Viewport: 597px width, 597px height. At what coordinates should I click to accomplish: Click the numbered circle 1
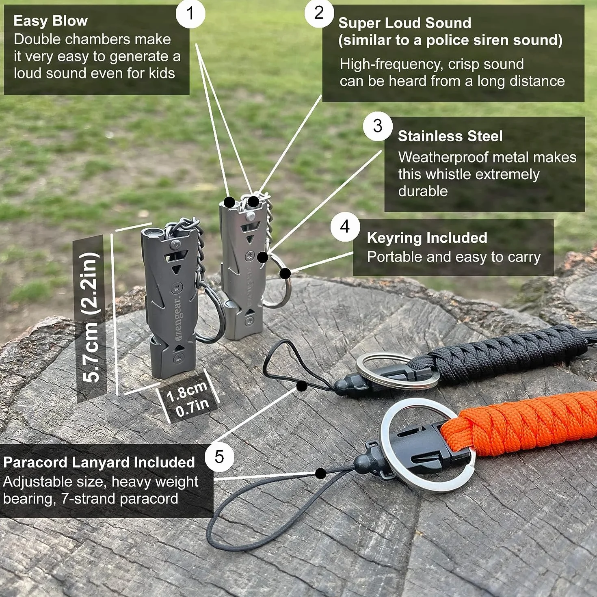coord(190,13)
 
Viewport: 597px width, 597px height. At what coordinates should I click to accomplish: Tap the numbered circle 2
coord(319,13)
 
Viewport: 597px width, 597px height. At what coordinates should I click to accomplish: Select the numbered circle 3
coord(378,126)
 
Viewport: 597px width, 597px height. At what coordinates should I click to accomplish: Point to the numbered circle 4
coord(345,227)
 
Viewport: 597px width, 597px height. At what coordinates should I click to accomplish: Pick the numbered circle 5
coord(219,457)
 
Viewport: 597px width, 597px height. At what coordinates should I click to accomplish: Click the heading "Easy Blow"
coord(50,21)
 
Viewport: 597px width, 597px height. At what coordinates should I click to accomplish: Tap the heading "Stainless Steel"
coord(450,136)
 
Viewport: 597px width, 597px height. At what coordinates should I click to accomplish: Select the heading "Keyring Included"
coord(427,238)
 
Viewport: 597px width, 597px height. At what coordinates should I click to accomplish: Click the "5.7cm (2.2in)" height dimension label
coord(90,318)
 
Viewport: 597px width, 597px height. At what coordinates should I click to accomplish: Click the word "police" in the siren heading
coord(445,40)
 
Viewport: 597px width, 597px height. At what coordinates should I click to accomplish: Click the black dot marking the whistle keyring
coord(285,274)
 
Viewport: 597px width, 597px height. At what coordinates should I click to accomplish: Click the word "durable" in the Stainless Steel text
coord(423,191)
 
